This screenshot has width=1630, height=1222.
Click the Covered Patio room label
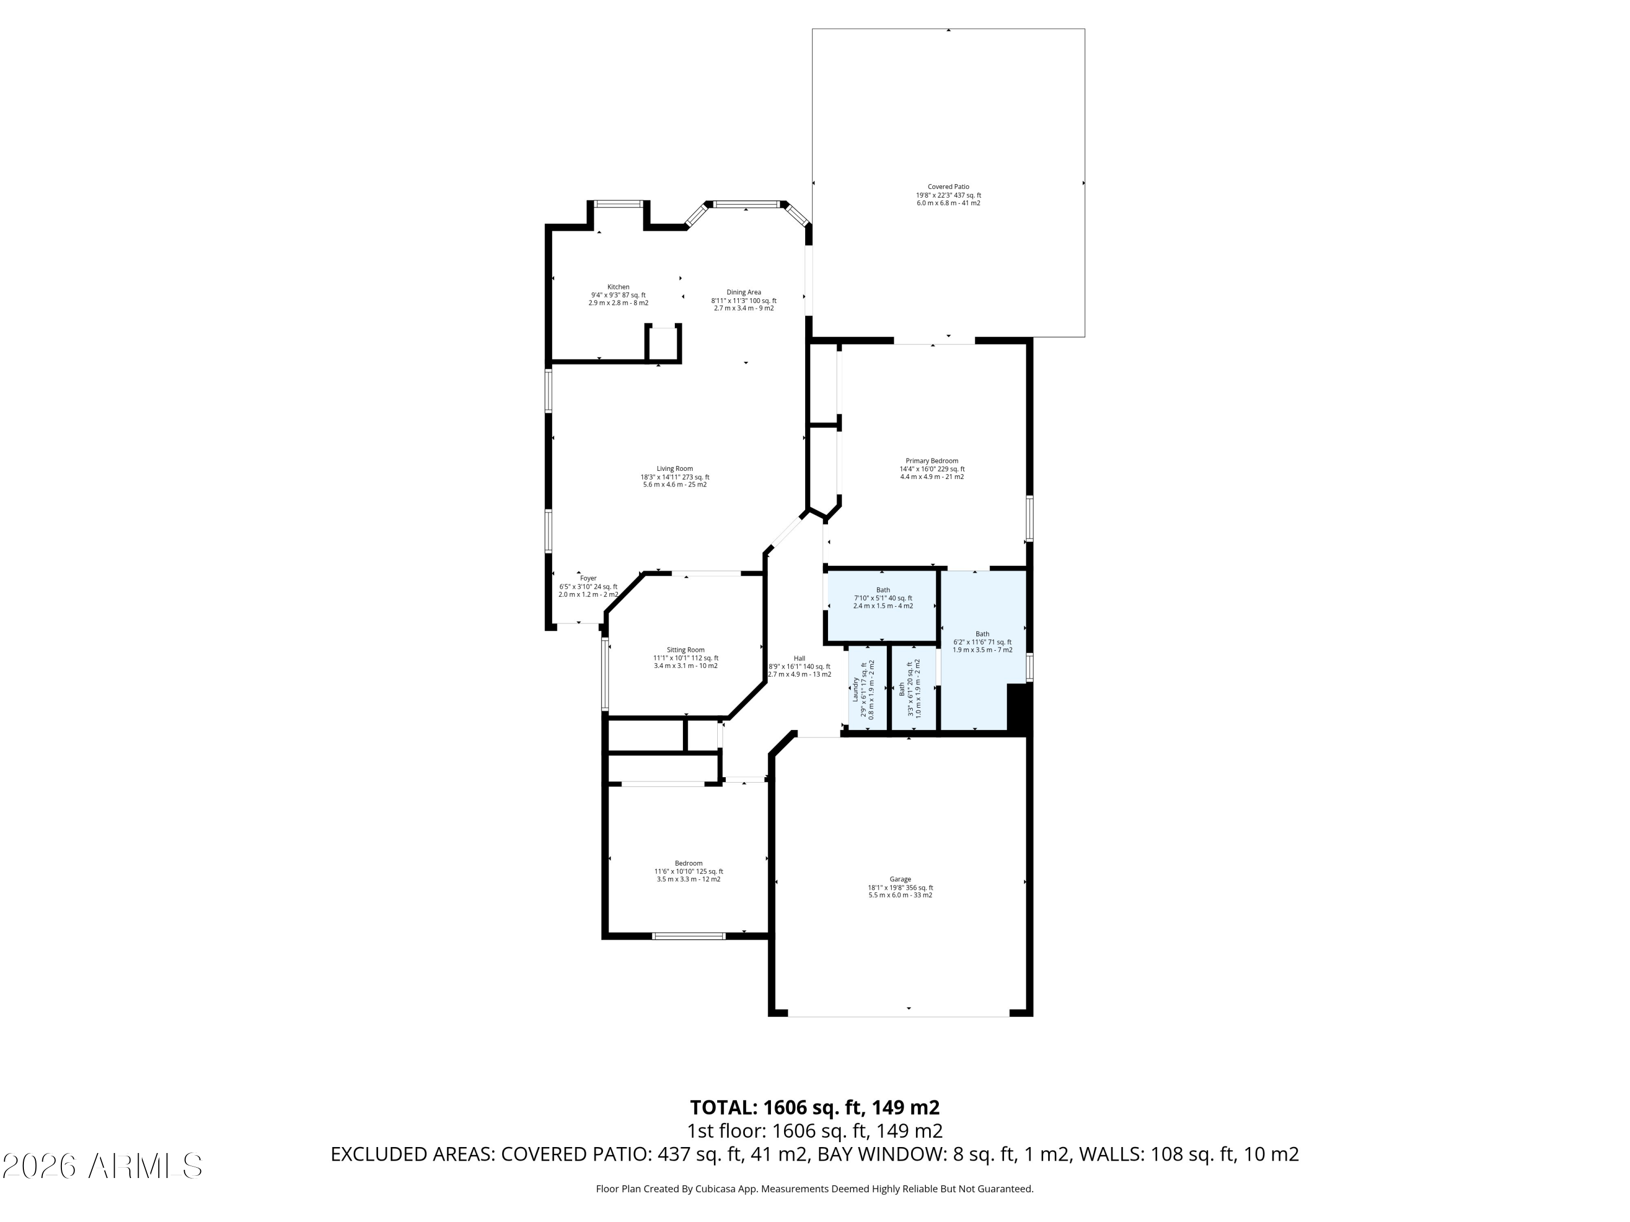point(948,194)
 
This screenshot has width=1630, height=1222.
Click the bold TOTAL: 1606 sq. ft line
point(815,1107)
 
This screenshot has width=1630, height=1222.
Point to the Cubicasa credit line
point(815,1189)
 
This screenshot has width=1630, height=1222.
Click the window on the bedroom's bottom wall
point(689,936)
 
